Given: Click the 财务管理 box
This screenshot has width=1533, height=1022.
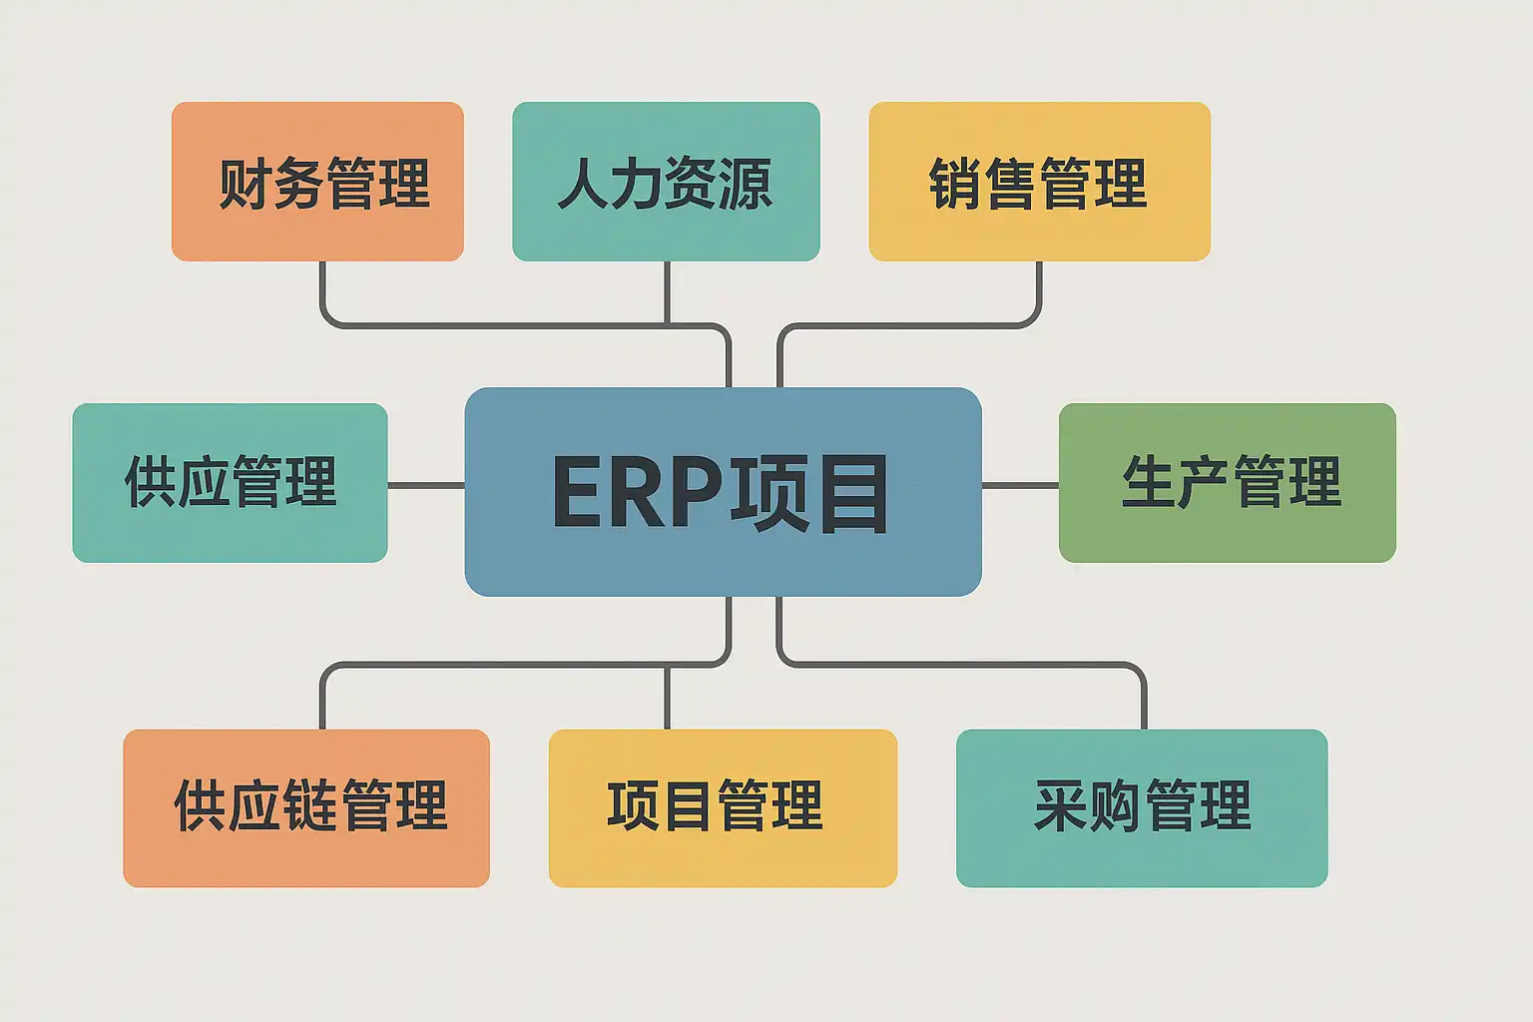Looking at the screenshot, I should [x=317, y=182].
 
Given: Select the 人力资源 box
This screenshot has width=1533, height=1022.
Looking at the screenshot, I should [x=666, y=182].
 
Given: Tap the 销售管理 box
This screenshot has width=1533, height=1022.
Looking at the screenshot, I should [x=1039, y=182].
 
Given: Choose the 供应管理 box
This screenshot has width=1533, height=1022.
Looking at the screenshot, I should [x=230, y=483].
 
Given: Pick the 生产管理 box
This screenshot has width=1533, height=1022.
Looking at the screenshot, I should [x=1227, y=483].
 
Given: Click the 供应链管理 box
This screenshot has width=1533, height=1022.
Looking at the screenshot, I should [x=306, y=807].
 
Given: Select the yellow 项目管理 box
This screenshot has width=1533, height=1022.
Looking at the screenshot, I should [x=723, y=807].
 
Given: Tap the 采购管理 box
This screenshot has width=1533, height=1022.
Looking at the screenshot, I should [x=1142, y=807].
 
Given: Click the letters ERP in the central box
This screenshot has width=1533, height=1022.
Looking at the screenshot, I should [x=638, y=492].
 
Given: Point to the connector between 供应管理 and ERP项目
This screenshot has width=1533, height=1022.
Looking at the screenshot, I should [x=426, y=486].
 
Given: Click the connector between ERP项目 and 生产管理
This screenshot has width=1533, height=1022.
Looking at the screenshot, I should [x=1020, y=486].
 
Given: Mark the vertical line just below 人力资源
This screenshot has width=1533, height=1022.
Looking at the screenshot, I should [x=667, y=291].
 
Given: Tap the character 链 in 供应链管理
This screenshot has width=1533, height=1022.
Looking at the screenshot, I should [x=310, y=806].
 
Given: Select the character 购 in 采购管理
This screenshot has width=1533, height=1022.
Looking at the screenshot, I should [x=1114, y=806].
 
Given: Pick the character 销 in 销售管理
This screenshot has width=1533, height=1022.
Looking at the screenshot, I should [x=955, y=184].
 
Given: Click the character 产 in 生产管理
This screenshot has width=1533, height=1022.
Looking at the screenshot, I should [x=1203, y=482].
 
